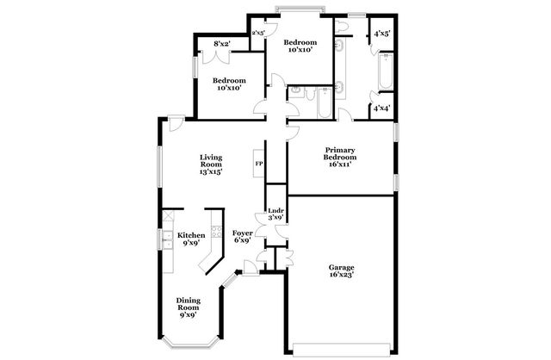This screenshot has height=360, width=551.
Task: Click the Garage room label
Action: click(x=342, y=271)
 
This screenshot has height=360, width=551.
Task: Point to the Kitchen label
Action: click(x=191, y=239)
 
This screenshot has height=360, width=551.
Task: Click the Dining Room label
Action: click(x=188, y=307)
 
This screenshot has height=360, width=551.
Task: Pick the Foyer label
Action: click(x=243, y=237)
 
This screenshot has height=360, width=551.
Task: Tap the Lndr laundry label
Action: click(x=275, y=214)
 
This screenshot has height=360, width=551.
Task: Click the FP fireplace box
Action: click(x=258, y=164)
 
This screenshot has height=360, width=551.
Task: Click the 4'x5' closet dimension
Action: click(x=381, y=34)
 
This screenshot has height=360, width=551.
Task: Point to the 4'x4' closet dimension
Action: click(x=381, y=109)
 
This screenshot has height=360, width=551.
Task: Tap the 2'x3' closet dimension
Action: click(x=257, y=33)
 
